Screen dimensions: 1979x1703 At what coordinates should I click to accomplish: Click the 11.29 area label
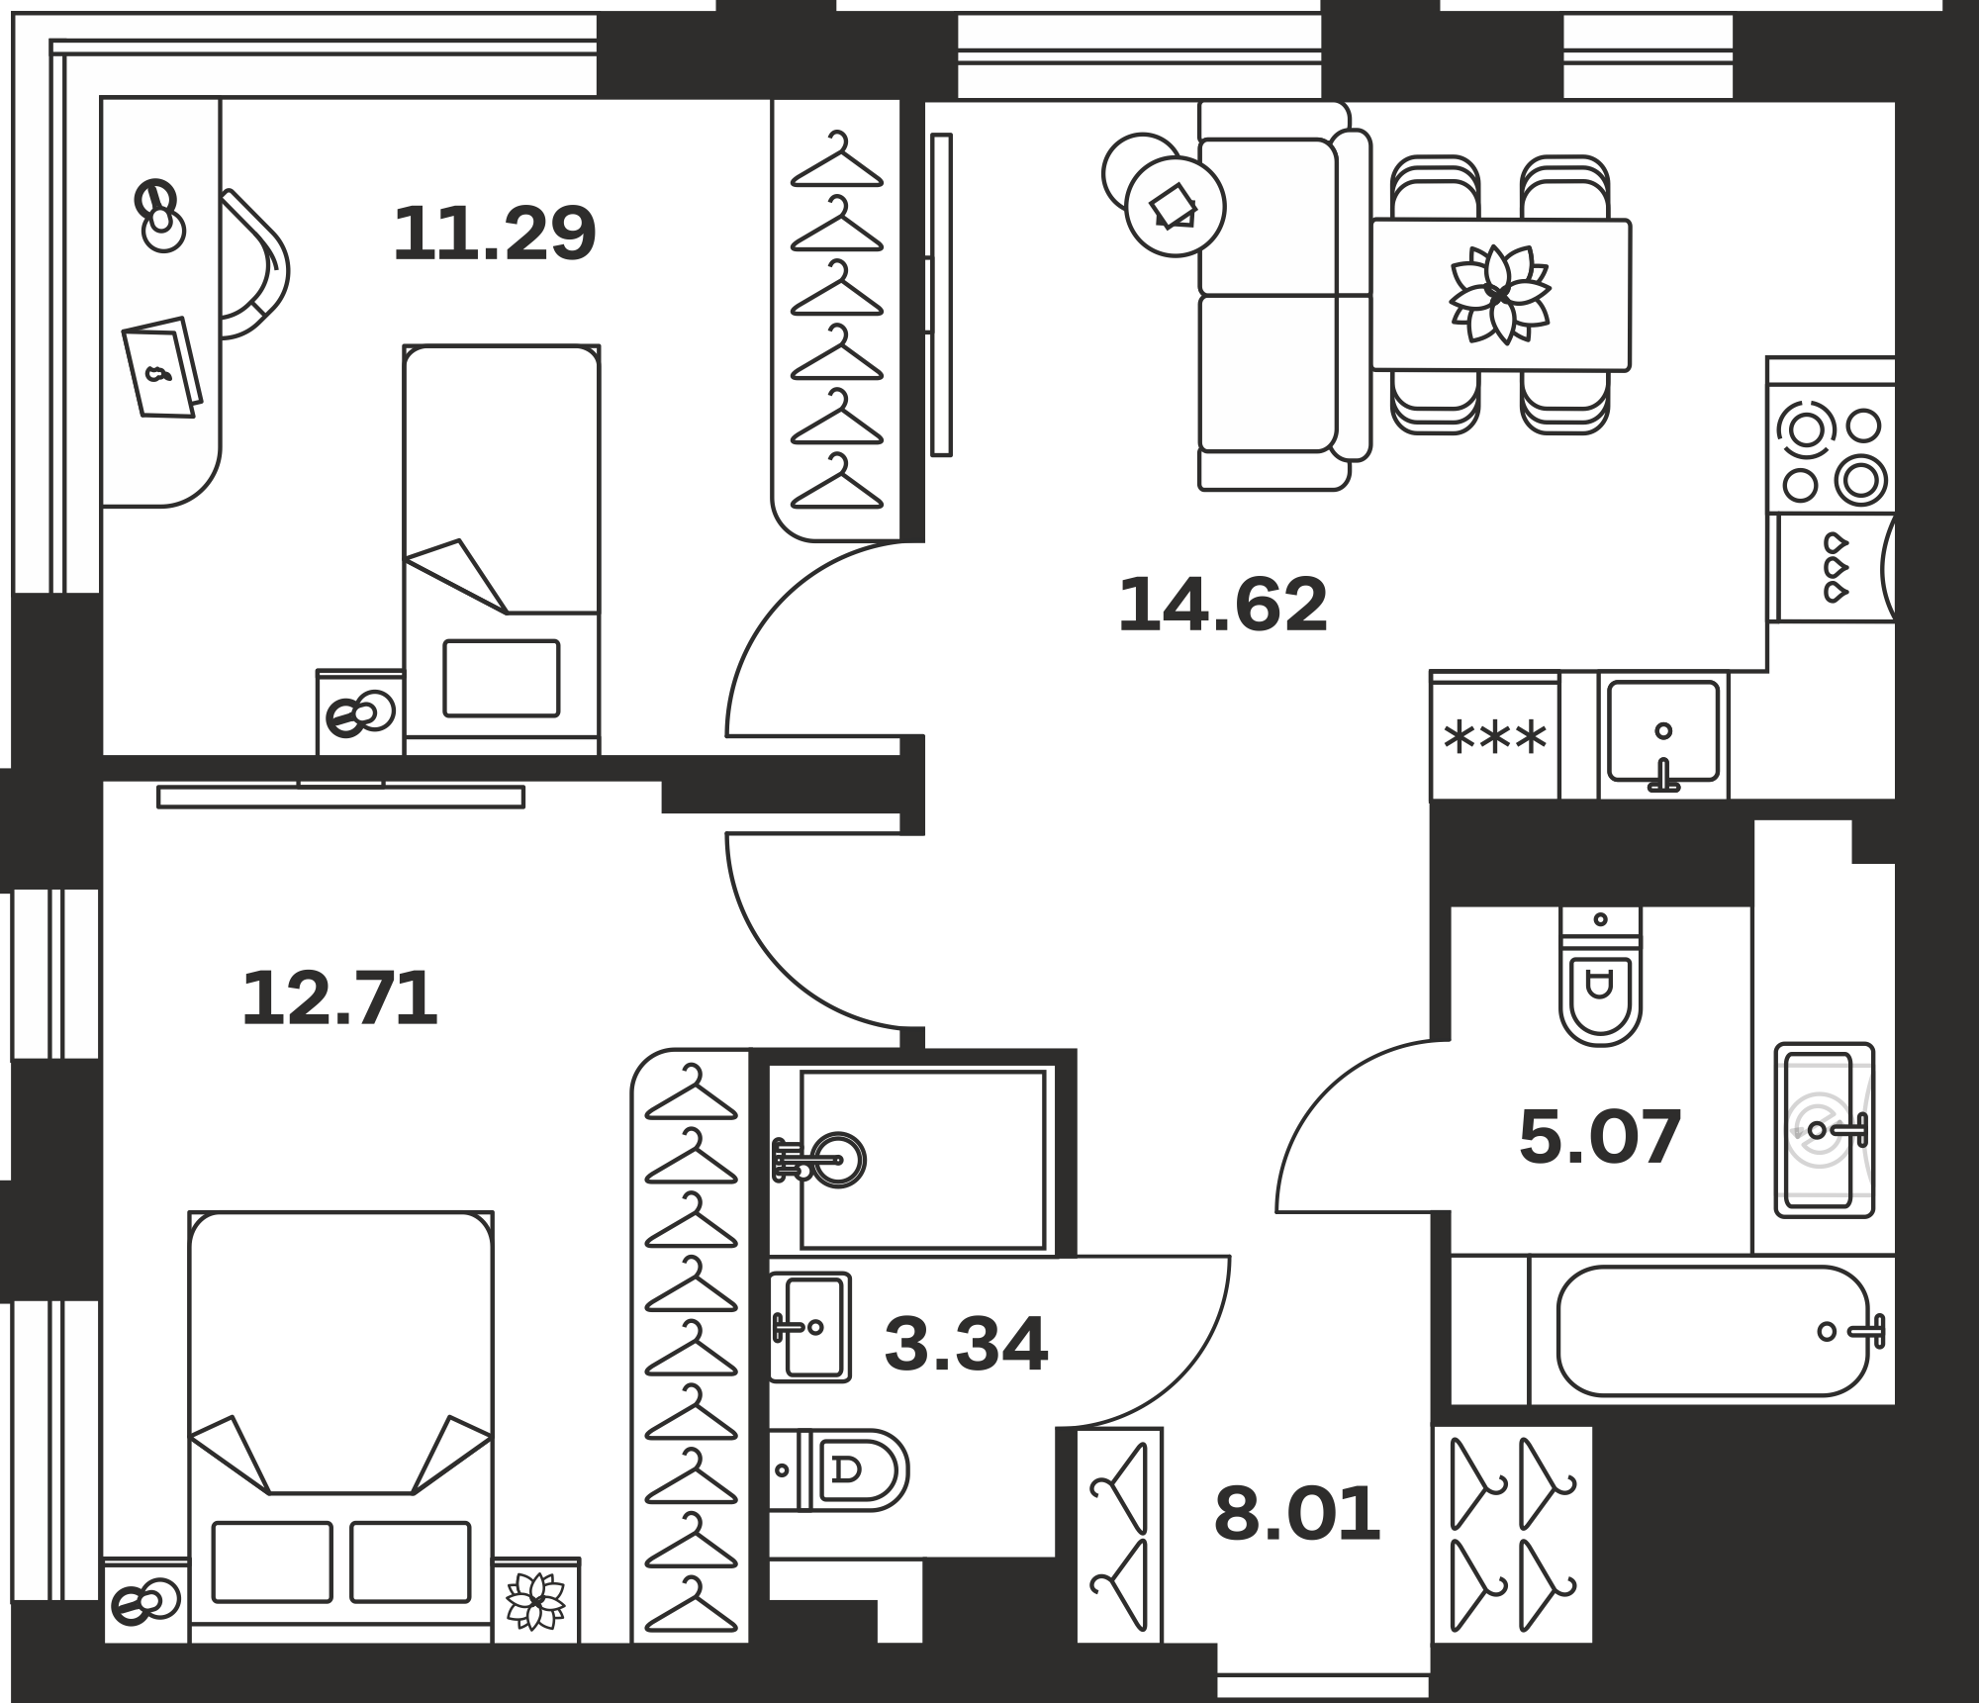pos(495,234)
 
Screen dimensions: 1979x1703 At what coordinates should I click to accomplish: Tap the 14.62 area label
pos(1222,605)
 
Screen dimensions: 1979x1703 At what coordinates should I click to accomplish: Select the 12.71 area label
pos(339,998)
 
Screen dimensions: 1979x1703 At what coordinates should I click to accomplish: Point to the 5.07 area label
pos(1600,1137)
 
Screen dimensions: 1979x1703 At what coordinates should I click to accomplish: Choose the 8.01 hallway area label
pos(1297,1514)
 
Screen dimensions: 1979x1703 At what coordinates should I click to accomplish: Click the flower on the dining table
pos(1500,294)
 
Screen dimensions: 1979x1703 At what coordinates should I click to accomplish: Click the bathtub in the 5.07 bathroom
pos(1713,1331)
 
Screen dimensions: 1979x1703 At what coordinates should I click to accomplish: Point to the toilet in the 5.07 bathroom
pos(1600,976)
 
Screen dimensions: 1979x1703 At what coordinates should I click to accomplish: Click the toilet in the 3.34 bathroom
pos(839,1470)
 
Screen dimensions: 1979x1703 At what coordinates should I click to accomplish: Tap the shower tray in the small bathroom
pos(922,1159)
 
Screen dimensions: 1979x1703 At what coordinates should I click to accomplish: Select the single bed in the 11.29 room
pos(502,549)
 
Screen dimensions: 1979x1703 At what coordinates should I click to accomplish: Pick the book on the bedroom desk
pos(162,367)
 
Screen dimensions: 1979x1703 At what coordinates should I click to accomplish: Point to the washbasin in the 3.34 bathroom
pos(810,1327)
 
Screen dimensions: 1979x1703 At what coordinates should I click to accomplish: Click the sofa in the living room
pos(1284,296)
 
